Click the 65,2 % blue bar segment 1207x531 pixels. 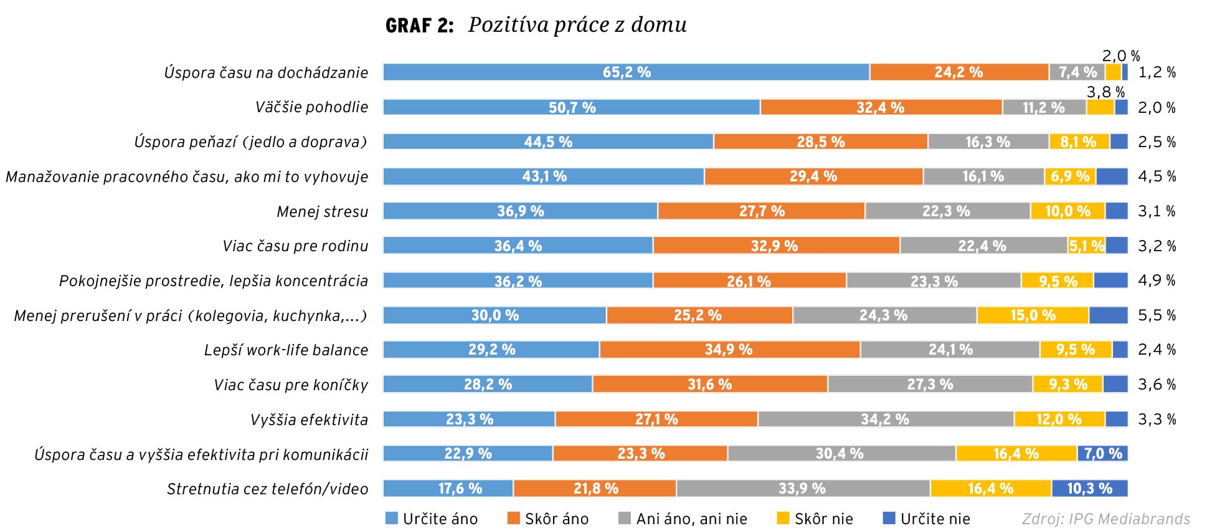click(x=626, y=72)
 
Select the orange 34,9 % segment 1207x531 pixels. click(x=729, y=350)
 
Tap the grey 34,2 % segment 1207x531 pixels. click(x=885, y=419)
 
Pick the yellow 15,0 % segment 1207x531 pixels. click(x=1033, y=315)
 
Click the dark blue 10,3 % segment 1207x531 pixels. click(x=1090, y=489)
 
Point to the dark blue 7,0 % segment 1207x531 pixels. click(x=1103, y=454)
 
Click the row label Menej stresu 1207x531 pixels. click(x=322, y=212)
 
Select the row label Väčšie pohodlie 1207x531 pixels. click(x=311, y=107)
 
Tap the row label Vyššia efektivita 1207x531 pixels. click(x=309, y=419)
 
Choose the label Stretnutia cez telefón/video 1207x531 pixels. click(x=267, y=489)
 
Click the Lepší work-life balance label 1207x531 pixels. click(x=286, y=350)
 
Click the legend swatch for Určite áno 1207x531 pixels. click(x=391, y=518)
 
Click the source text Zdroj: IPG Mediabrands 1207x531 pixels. click(x=1105, y=519)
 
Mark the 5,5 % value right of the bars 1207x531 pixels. click(x=1157, y=315)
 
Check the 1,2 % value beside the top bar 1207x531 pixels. click(x=1157, y=72)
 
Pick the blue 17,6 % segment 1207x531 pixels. click(x=460, y=489)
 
